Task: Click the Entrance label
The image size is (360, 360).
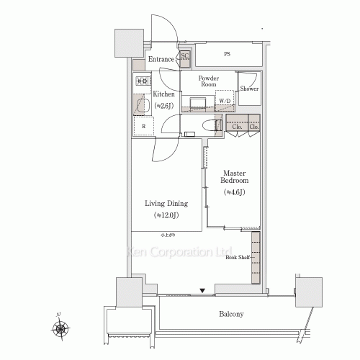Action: tap(161, 59)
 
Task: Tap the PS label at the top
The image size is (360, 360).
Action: tap(227, 55)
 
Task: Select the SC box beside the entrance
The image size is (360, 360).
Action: tap(185, 57)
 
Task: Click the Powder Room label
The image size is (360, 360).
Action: tap(209, 80)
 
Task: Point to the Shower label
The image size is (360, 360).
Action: tap(249, 89)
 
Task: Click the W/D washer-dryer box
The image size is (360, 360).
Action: tap(225, 100)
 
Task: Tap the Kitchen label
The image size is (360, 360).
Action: tap(163, 94)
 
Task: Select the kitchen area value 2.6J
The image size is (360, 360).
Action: tap(164, 107)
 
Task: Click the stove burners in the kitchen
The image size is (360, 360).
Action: tap(141, 82)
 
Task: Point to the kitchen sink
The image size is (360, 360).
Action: tap(142, 105)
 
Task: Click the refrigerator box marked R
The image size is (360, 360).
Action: tap(143, 126)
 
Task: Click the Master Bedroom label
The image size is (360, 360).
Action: tap(235, 178)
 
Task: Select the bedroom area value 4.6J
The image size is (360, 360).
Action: tap(235, 192)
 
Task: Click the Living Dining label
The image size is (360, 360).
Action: tap(167, 203)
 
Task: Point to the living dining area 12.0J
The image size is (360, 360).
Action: tap(167, 215)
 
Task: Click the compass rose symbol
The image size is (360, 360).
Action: tap(60, 330)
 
